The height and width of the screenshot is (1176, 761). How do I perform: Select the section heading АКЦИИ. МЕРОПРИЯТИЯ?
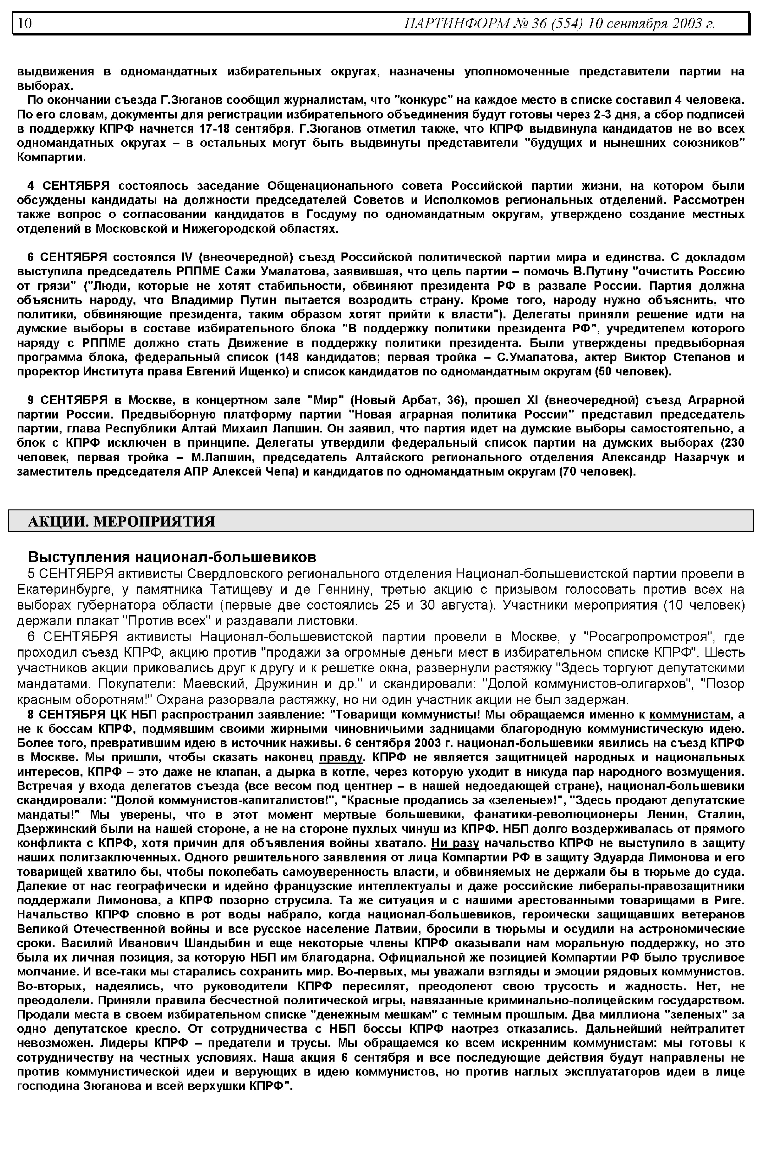(x=121, y=521)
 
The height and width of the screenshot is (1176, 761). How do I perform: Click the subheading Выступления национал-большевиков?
(x=172, y=557)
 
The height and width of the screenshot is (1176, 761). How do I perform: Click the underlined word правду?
(x=341, y=758)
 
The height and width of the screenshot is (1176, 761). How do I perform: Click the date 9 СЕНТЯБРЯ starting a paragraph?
(x=68, y=400)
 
